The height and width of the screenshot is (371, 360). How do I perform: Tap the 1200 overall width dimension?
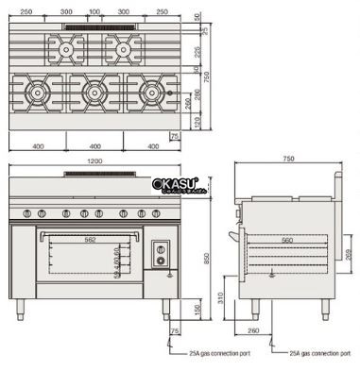point(94,161)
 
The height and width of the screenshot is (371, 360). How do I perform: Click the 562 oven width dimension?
point(91,238)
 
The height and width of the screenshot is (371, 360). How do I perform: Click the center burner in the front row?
point(94,91)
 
